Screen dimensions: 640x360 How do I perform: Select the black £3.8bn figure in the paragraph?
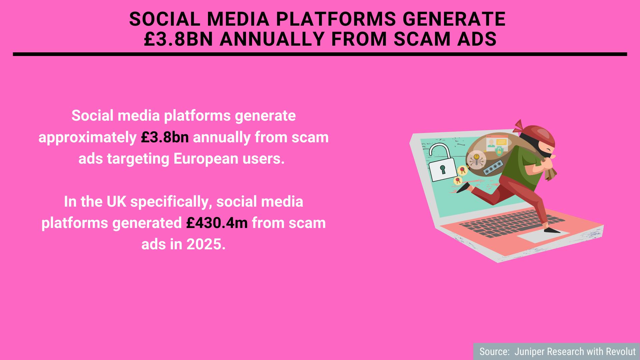165,137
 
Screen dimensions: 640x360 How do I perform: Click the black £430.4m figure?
217,223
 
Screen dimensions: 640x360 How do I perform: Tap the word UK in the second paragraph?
116,202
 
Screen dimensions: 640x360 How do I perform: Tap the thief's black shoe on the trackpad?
552,230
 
